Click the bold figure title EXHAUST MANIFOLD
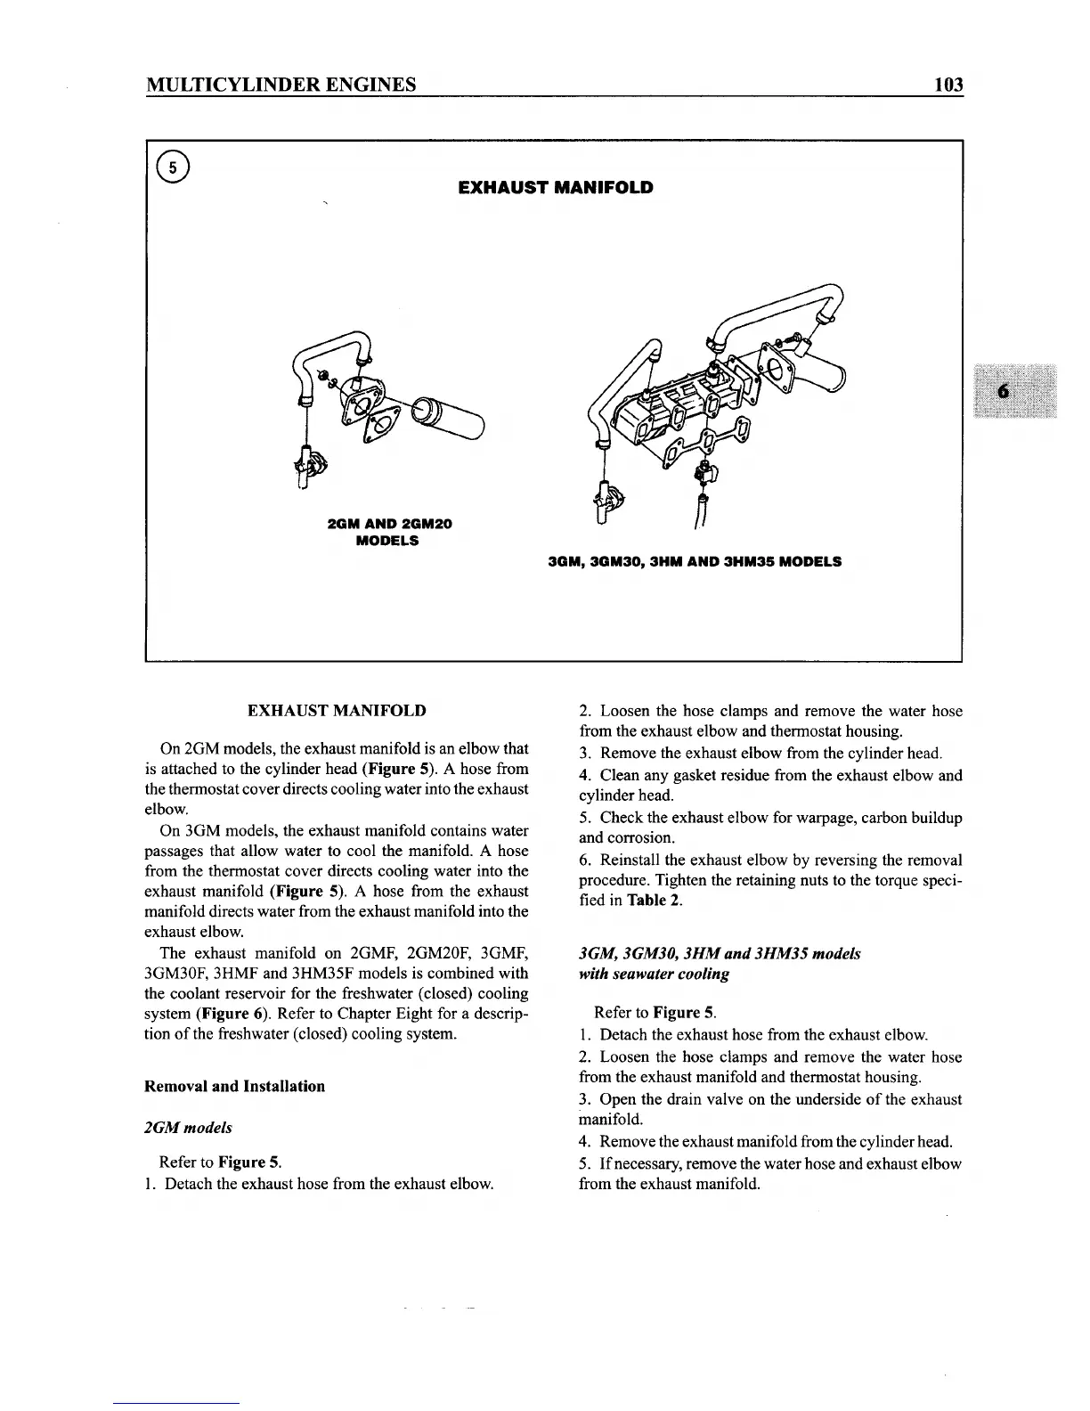pos(555,188)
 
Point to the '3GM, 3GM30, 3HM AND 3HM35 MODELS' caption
pos(694,562)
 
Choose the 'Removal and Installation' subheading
pos(234,1086)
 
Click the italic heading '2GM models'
pos(188,1128)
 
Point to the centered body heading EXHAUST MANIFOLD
pos(336,711)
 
